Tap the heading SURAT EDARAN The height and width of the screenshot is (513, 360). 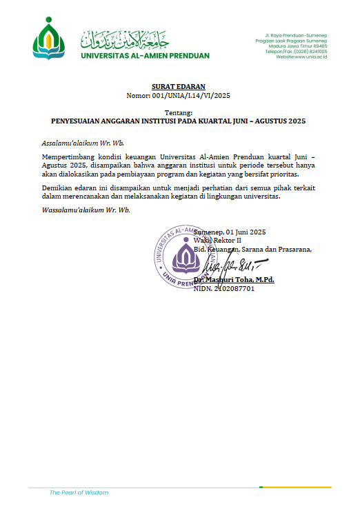(x=179, y=86)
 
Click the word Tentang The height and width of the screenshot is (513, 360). (x=179, y=112)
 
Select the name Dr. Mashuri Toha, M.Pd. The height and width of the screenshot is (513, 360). (x=234, y=279)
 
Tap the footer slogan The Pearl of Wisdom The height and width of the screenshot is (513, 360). (x=79, y=492)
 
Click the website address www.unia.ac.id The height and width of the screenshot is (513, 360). (x=310, y=57)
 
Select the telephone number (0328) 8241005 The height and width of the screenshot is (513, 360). (x=310, y=51)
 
